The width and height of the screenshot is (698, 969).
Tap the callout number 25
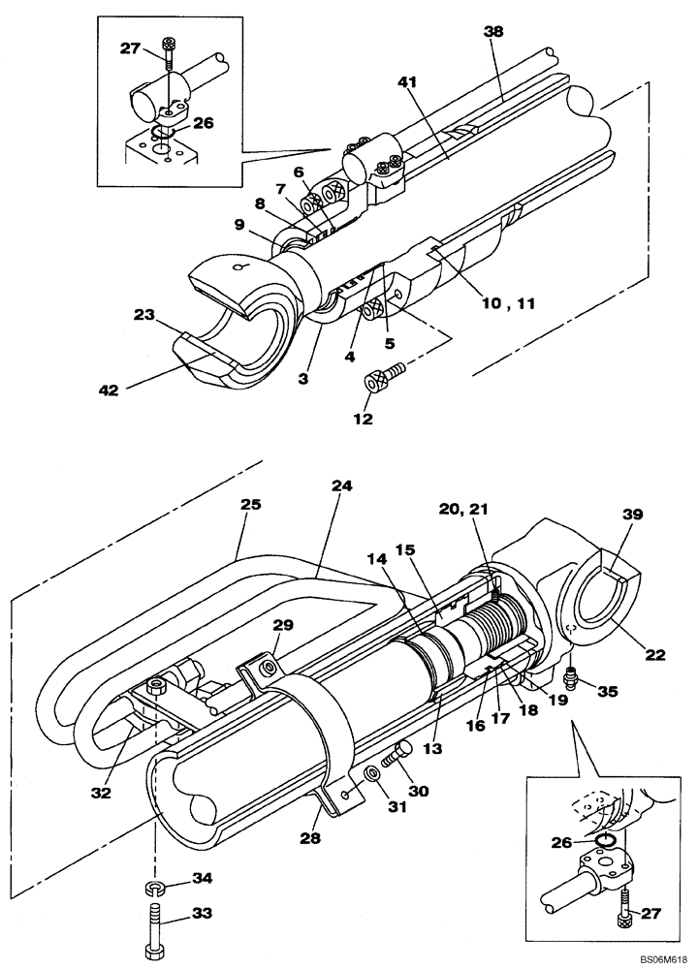251,505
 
